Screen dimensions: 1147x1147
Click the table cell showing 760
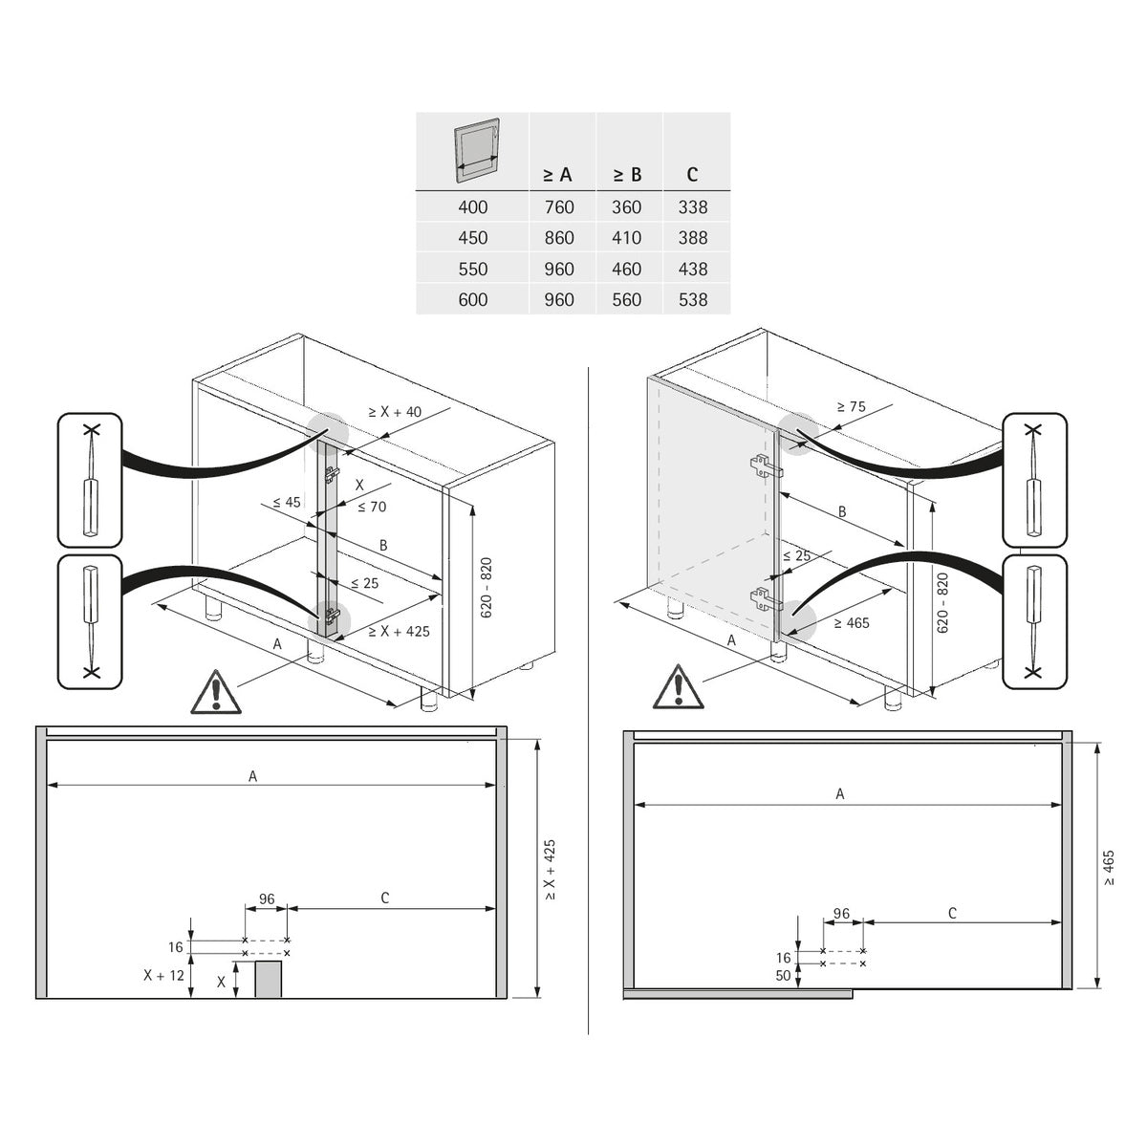click(x=559, y=207)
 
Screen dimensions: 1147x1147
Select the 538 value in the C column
click(x=693, y=300)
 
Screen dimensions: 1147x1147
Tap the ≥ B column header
click(x=626, y=175)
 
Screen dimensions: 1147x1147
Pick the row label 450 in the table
click(x=472, y=238)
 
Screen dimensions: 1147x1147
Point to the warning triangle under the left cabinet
click(x=217, y=692)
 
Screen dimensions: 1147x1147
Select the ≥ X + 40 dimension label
click(x=395, y=412)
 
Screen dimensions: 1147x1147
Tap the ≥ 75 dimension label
click(x=851, y=406)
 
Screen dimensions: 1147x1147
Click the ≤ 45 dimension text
click(x=286, y=502)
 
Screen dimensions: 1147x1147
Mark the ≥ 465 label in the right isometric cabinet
click(x=852, y=623)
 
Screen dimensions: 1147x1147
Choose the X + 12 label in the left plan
click(x=164, y=976)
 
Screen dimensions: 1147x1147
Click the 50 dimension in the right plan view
click(x=784, y=976)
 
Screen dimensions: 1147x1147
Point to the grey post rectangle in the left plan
click(x=269, y=980)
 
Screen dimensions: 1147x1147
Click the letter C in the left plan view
click(x=385, y=898)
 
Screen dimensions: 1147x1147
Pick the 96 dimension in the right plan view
click(x=841, y=914)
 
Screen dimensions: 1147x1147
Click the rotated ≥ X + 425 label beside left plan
click(x=550, y=871)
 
